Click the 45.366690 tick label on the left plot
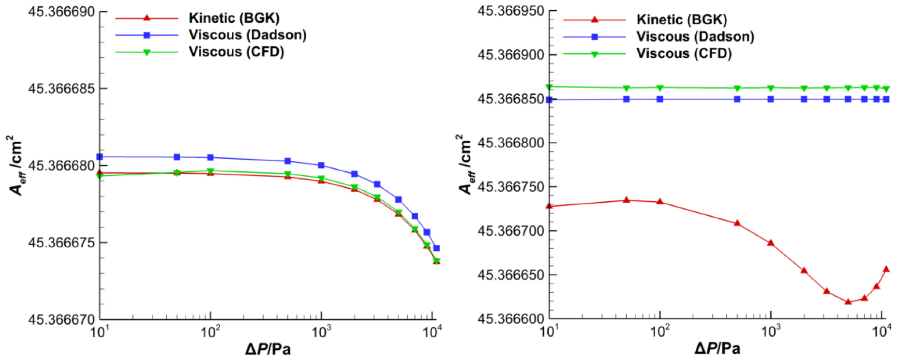(61, 12)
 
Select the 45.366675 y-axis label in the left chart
(61, 242)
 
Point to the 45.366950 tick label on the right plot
(511, 11)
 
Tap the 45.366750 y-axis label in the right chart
(511, 187)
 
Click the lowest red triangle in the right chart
(848, 301)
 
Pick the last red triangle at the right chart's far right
(886, 269)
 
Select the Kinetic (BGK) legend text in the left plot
(234, 18)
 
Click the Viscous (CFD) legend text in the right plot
(684, 53)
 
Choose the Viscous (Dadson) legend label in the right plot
(695, 36)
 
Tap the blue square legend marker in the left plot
(147, 35)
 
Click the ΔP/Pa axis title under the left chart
(268, 349)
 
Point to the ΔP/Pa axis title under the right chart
(718, 348)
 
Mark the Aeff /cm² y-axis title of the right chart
(464, 165)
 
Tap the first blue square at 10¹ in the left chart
(100, 157)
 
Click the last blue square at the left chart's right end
(436, 248)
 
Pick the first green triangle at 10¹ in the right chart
(549, 87)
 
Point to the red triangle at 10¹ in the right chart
(549, 206)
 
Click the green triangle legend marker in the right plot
(595, 54)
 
